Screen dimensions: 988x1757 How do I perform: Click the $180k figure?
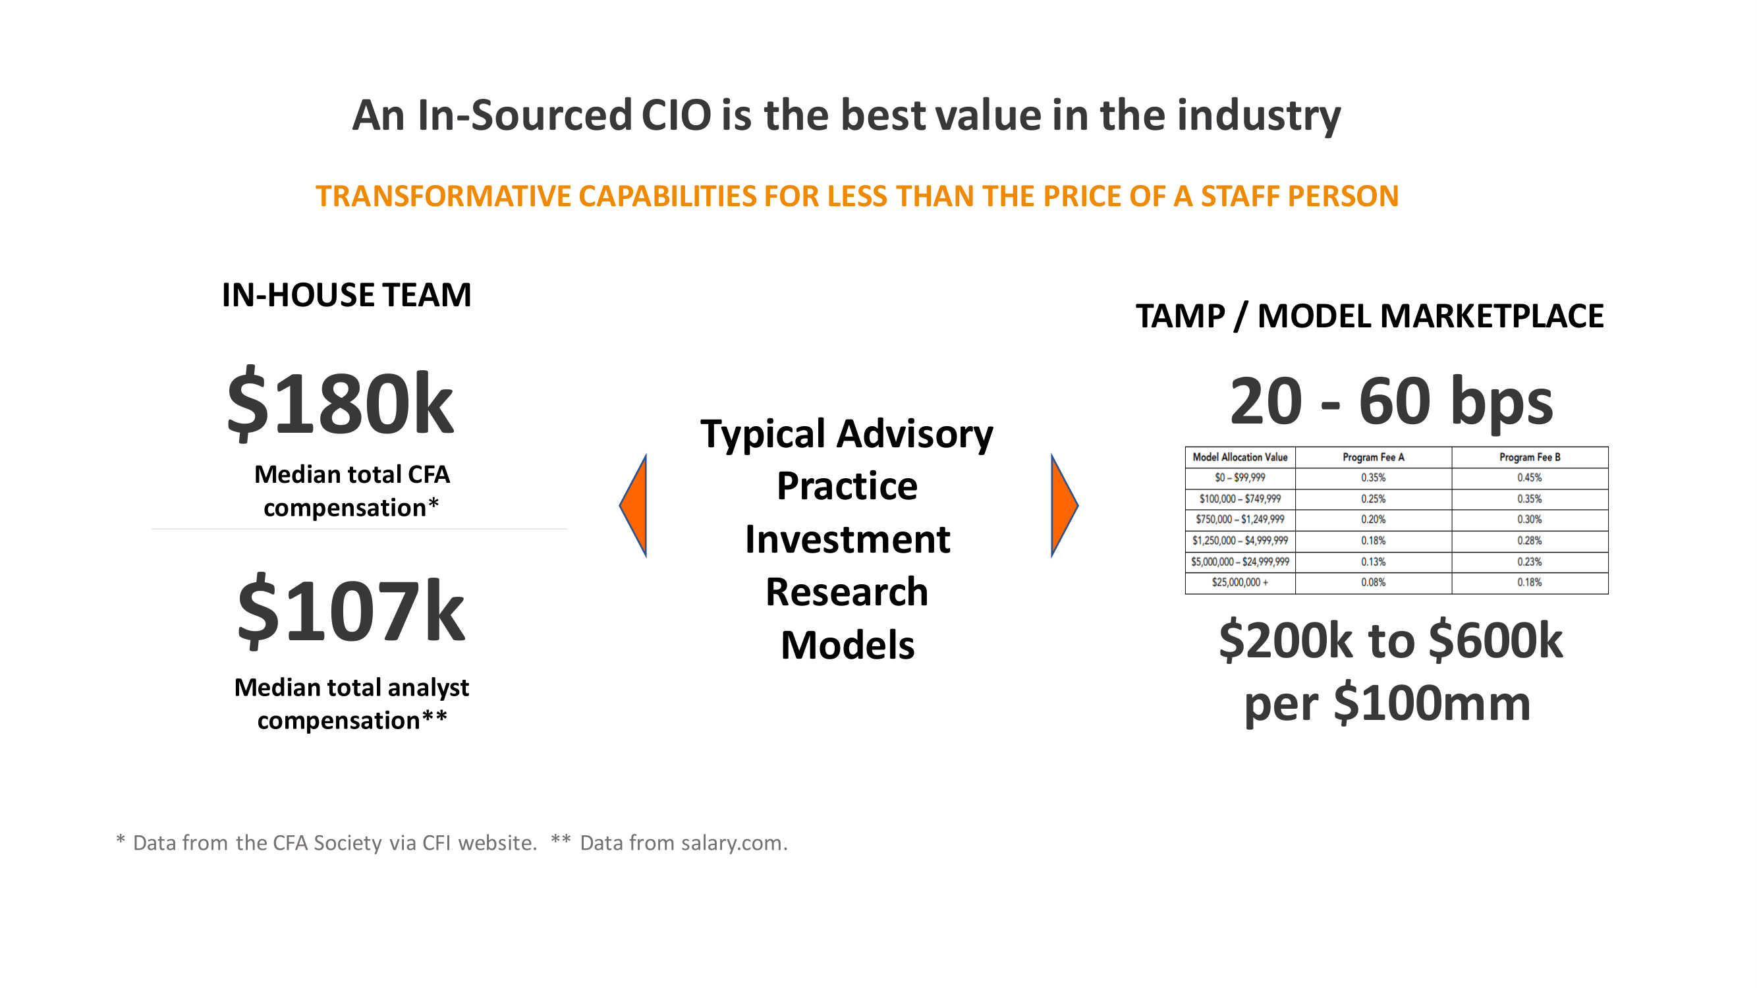(x=340, y=404)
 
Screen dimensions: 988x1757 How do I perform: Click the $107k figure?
(x=350, y=611)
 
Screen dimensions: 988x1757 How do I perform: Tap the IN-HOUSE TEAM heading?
(x=347, y=295)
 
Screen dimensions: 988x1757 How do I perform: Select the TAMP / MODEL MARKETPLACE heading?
(x=1370, y=316)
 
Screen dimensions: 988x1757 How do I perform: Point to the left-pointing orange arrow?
(x=634, y=506)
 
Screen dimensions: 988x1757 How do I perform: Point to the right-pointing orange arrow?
(x=1063, y=506)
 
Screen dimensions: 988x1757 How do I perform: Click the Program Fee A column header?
(x=1373, y=458)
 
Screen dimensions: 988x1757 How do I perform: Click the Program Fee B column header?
(x=1529, y=458)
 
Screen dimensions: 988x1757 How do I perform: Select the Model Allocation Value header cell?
(x=1240, y=458)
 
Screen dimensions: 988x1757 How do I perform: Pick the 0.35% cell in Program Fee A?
(x=1373, y=478)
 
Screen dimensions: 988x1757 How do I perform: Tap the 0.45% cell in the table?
(x=1529, y=478)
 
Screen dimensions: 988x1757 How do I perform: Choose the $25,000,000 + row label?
(x=1240, y=583)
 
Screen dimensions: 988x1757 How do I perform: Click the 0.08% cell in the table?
(x=1373, y=583)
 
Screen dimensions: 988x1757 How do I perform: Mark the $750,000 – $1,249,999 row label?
(x=1240, y=520)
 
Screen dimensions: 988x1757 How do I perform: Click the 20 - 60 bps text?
(x=1391, y=402)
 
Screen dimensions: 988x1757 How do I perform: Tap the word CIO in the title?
(x=676, y=115)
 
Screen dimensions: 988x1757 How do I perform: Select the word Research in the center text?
(x=847, y=592)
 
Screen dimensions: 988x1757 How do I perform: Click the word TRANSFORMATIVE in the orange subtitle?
(x=443, y=196)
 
